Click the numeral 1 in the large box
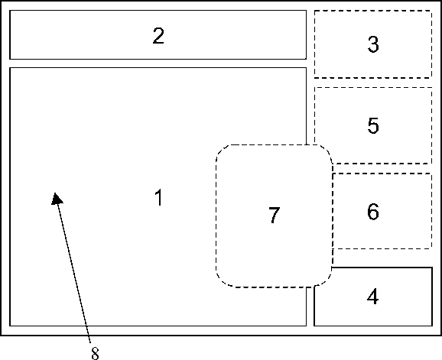click(159, 197)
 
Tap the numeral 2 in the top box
click(158, 36)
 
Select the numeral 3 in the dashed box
click(373, 44)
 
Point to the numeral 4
click(372, 297)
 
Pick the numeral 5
click(373, 125)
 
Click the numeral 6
click(373, 211)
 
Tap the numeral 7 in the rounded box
click(274, 216)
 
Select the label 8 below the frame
click(96, 353)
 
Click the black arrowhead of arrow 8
click(57, 199)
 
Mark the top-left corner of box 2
click(10, 11)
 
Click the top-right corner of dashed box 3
click(431, 11)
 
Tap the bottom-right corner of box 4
click(432, 326)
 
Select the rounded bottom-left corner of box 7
click(220, 283)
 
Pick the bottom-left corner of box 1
click(10, 326)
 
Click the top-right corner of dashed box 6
click(431, 174)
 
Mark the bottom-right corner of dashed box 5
click(431, 163)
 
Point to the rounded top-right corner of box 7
click(327, 150)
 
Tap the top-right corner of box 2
click(306, 11)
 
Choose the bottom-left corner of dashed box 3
click(314, 77)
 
